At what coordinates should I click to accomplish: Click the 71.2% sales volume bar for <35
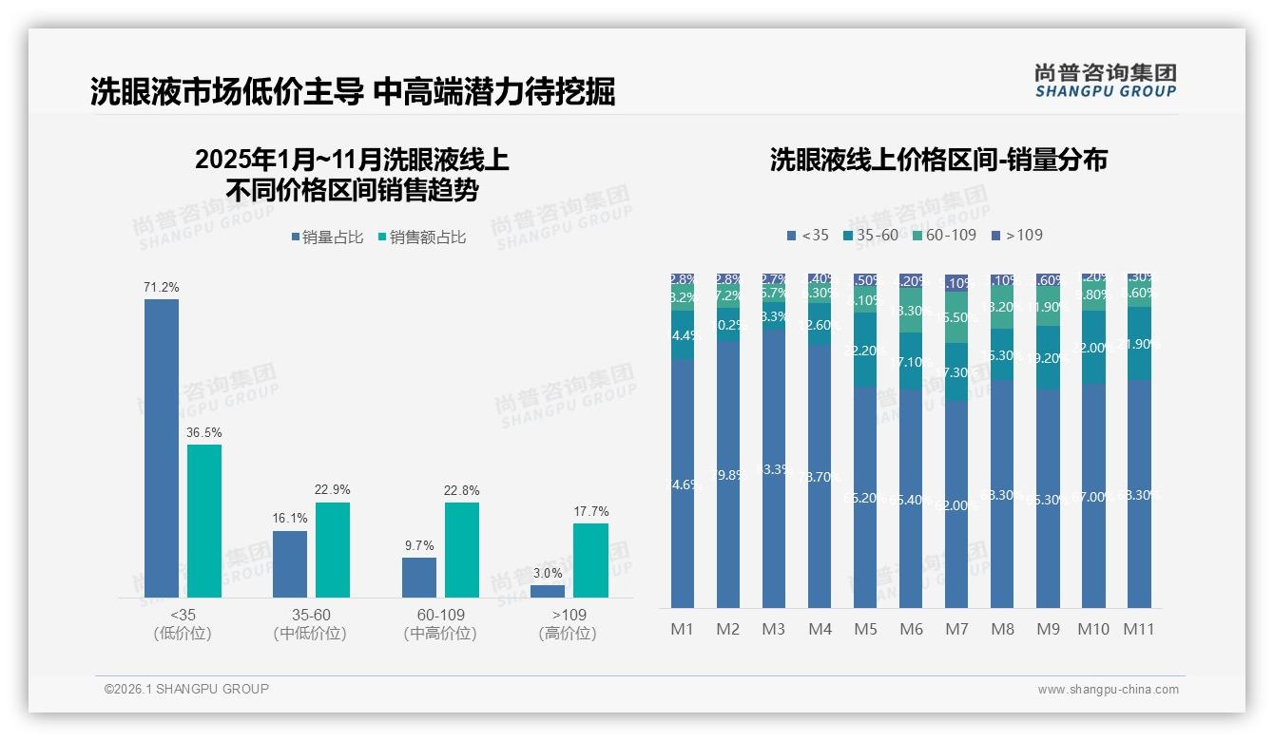coord(162,448)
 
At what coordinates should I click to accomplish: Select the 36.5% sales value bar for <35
coord(204,521)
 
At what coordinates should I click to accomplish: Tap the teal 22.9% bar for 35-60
coord(333,549)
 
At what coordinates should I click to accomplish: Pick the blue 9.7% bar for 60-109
coord(418,577)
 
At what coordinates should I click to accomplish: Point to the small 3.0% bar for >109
coord(548,591)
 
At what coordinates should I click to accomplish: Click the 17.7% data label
coord(590,511)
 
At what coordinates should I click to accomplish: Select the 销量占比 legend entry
coord(327,237)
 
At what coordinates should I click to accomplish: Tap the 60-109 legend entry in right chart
coord(943,235)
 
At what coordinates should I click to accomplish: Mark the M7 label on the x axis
coord(956,629)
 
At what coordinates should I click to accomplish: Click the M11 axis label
coord(1139,629)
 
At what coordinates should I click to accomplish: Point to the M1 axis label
coord(683,629)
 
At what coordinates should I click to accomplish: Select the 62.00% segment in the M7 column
coord(956,504)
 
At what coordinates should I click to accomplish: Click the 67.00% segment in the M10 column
coord(1093,496)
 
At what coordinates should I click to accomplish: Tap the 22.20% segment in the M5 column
coord(865,351)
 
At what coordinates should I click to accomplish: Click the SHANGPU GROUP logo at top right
coord(1105,81)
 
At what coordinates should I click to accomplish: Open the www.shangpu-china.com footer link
coord(1108,690)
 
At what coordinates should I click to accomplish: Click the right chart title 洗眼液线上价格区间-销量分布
coord(938,160)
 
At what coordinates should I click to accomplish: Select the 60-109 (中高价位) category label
coord(439,624)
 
